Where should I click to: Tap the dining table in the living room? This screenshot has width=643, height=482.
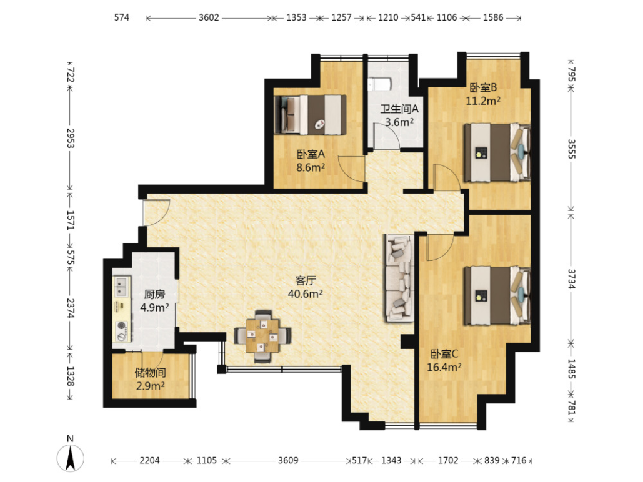click(262, 336)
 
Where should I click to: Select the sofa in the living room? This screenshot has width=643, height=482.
click(399, 278)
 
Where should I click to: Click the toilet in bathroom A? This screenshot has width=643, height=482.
click(380, 84)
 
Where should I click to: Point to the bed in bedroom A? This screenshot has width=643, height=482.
click(310, 115)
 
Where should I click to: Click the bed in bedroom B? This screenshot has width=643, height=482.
click(497, 152)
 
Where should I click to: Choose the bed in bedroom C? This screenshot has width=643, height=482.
click(497, 295)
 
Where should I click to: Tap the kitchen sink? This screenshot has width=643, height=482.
click(122, 286)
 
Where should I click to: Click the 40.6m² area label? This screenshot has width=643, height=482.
click(305, 294)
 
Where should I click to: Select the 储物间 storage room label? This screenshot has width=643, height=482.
click(151, 373)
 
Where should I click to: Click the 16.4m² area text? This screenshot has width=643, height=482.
click(444, 367)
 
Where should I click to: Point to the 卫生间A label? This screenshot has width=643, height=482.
click(399, 109)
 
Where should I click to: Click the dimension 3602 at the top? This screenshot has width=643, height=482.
click(209, 17)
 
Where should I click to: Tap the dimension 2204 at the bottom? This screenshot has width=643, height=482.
click(149, 460)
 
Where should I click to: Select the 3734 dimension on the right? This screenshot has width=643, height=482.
click(572, 278)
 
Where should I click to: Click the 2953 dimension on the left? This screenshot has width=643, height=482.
click(71, 138)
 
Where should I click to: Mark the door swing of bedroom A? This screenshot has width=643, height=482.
click(351, 169)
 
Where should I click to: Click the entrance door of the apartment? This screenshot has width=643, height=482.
click(156, 212)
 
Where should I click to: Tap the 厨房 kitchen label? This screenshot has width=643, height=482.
click(154, 294)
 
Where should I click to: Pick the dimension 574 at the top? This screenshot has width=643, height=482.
click(122, 17)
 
